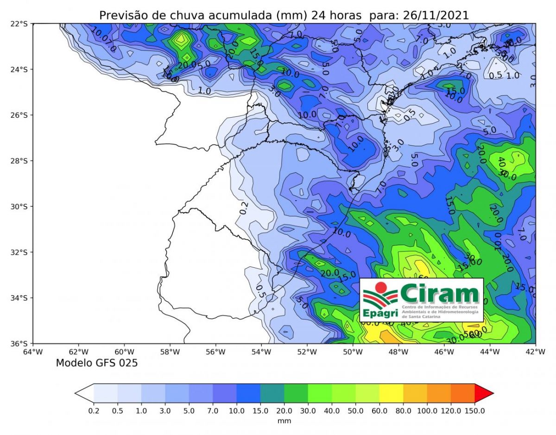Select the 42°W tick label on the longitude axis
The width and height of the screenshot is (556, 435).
coord(536,352)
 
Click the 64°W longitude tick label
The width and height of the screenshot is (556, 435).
coord(33,352)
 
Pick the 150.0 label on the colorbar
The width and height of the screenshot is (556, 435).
coord(474,410)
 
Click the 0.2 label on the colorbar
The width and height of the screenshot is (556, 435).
coord(94,410)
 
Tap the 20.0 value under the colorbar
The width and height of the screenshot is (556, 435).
coord(284,410)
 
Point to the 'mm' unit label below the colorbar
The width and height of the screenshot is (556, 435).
coord(284,421)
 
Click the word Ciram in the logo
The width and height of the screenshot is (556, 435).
coord(439,294)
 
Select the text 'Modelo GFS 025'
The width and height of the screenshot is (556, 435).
coord(97,363)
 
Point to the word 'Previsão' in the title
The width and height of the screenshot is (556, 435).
coord(120,15)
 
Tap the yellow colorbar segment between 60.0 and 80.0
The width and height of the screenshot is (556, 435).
coord(391,393)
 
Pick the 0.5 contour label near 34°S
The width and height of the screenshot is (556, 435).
coord(260,291)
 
